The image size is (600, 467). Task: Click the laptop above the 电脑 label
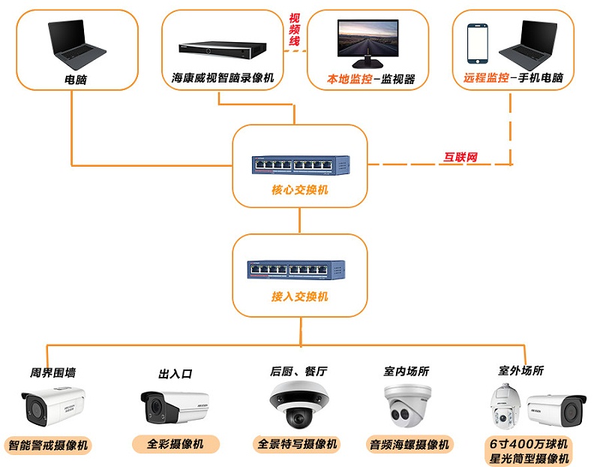click(76, 43)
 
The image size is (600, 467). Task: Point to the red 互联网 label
click(460, 158)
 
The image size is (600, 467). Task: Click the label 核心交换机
click(300, 190)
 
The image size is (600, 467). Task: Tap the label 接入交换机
click(300, 297)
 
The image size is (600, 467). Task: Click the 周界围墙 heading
click(52, 372)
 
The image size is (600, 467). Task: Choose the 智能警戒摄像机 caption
click(49, 445)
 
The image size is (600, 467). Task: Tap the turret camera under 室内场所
click(408, 405)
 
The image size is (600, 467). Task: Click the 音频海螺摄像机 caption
click(409, 444)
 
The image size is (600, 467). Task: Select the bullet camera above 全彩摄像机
click(174, 406)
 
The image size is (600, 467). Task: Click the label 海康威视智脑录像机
click(223, 77)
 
